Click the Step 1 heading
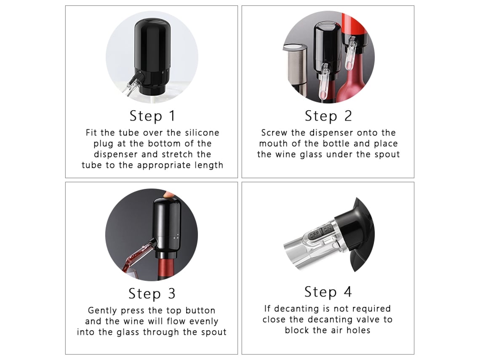pos(152,116)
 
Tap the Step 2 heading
pos(328,116)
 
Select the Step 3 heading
pos(152,293)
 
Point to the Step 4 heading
pos(328,292)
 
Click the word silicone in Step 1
pos(202,133)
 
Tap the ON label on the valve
pos(327,229)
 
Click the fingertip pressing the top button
pos(168,195)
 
